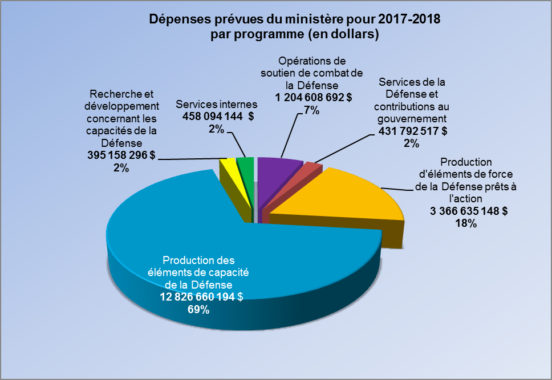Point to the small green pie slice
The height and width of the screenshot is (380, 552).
(x=245, y=165)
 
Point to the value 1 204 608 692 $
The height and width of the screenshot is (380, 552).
(x=313, y=98)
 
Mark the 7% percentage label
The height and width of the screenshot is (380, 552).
(x=311, y=110)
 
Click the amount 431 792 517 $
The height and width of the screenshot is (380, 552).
(x=412, y=131)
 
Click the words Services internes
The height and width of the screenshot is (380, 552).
(x=217, y=105)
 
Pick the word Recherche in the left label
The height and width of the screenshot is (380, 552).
(x=115, y=94)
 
